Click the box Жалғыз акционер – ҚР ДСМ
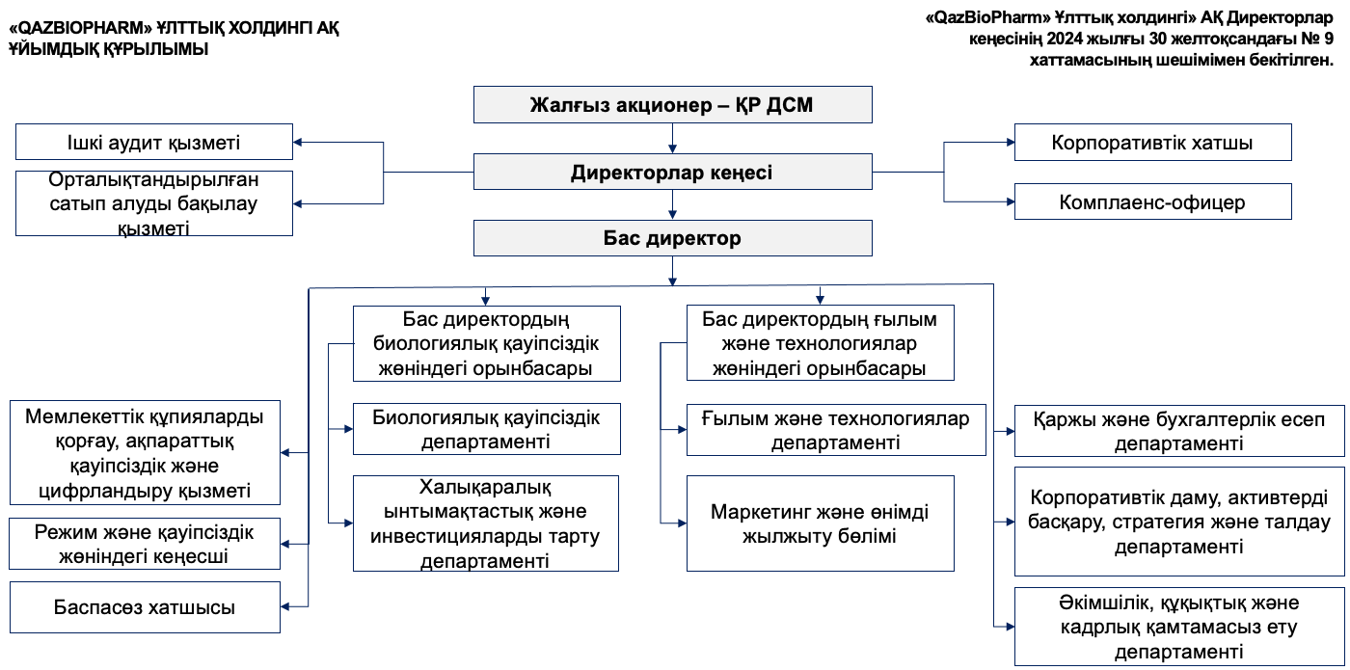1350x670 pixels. tap(672, 105)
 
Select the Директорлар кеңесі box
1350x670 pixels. tap(672, 173)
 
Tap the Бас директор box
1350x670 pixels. tap(672, 238)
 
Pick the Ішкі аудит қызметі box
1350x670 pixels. tap(154, 142)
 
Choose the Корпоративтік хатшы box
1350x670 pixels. tap(1152, 143)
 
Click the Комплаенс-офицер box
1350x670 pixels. tap(1152, 202)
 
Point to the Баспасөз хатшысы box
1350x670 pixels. tap(145, 607)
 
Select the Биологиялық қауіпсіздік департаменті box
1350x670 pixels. tap(486, 429)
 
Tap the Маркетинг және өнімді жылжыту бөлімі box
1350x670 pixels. tap(820, 523)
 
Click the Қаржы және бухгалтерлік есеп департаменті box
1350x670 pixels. tap(1178, 431)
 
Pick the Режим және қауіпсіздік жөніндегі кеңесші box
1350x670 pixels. tap(145, 544)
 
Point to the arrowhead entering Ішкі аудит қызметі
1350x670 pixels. tap(299, 143)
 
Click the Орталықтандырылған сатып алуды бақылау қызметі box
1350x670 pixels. tap(154, 203)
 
